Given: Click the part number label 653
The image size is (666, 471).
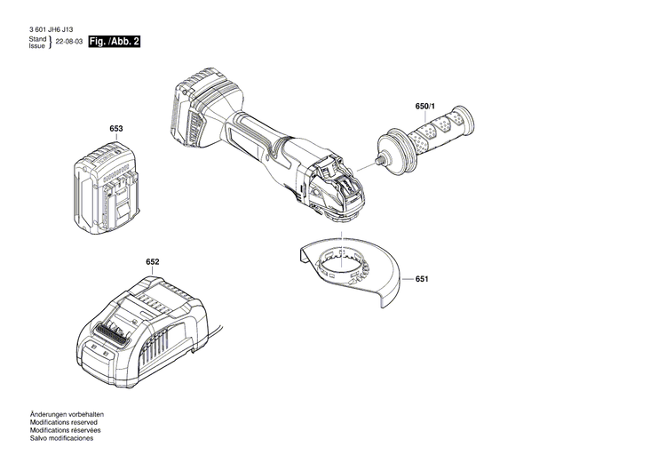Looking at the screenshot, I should tap(115, 129).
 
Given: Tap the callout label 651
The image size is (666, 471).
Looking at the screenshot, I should tap(422, 279).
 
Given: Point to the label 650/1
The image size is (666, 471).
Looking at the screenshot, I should tap(425, 107).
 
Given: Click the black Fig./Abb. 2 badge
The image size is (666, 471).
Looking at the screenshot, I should tap(115, 42).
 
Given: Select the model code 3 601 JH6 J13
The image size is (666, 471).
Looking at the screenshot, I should tap(52, 30).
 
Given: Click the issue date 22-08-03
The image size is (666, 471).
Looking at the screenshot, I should tap(69, 43).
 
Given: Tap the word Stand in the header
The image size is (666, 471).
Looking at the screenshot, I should tap(37, 39).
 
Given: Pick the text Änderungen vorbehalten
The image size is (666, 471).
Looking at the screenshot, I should tap(67, 417).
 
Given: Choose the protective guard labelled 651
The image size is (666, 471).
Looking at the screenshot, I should tap(355, 271).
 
